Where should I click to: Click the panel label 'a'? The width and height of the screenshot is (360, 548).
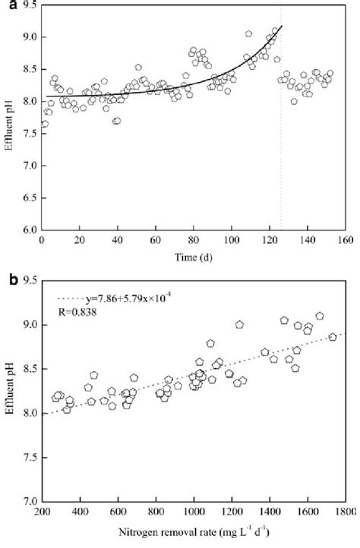point(7,5)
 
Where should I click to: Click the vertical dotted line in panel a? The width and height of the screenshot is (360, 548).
point(281,152)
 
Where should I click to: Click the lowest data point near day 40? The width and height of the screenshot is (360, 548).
point(116,121)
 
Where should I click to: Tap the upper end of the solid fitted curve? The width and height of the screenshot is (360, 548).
point(281,27)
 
